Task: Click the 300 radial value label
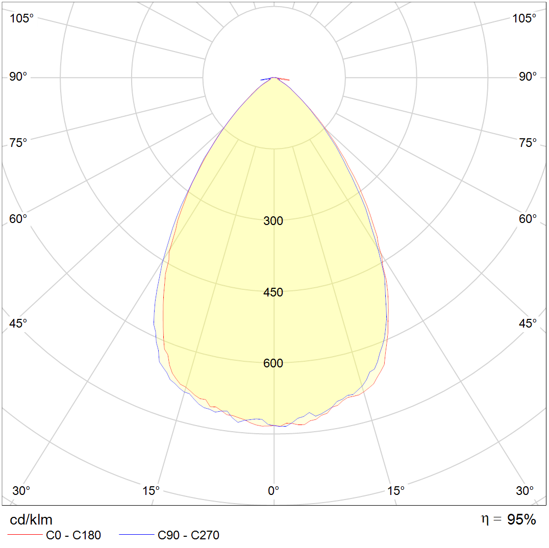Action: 273,221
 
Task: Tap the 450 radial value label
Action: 273,292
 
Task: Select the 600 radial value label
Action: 273,363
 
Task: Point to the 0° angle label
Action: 273,490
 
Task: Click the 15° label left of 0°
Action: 151,490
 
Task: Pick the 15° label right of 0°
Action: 396,490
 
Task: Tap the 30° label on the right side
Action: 525,490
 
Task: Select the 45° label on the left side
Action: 18,323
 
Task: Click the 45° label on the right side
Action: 528,323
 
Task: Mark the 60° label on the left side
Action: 18,219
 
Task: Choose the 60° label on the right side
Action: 528,219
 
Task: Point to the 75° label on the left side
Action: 18,142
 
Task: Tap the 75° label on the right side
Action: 528,142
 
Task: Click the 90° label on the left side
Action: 18,77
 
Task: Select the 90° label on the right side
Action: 528,77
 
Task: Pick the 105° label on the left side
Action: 21,18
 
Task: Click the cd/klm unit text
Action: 31,520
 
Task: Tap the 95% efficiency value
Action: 521,520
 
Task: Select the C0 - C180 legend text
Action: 73,535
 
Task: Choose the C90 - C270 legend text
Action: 188,535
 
